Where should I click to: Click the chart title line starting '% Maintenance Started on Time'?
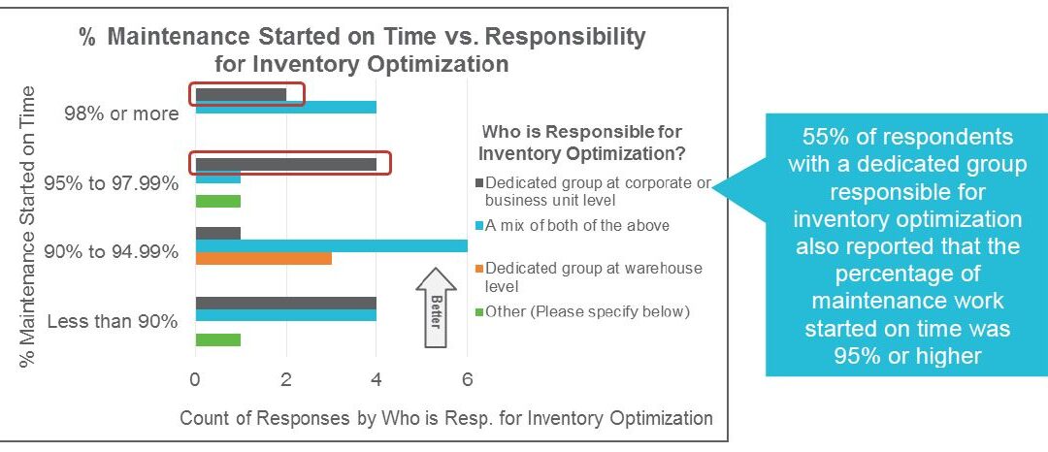tap(363, 37)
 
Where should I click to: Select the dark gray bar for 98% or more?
tap(241, 95)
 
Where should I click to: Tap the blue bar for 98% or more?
tap(286, 107)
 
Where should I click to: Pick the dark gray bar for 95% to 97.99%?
tap(286, 164)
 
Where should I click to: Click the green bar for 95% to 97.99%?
tap(218, 201)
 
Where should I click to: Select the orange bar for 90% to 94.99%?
tap(263, 258)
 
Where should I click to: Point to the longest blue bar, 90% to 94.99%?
tap(332, 245)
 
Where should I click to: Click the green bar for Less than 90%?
tap(218, 339)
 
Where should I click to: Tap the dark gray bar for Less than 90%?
tap(286, 304)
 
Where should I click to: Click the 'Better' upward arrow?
tap(436, 307)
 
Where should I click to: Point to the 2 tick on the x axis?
tap(286, 380)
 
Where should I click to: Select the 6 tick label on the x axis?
tap(467, 380)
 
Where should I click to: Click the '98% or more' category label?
tap(121, 113)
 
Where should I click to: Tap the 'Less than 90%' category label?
tap(113, 322)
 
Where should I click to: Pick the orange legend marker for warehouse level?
tap(479, 269)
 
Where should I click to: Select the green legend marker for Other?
tap(479, 311)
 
